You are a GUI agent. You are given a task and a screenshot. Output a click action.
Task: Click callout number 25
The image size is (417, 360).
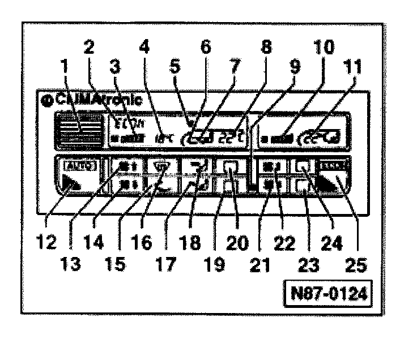(x=354, y=265)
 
